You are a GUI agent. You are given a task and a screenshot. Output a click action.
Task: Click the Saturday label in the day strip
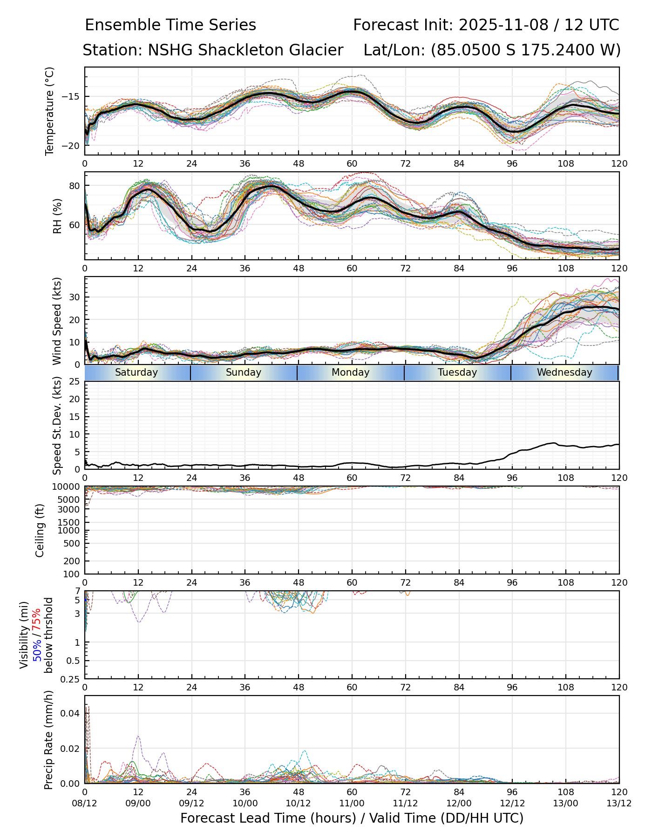136,372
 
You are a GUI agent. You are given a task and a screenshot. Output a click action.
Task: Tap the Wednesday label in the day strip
564,372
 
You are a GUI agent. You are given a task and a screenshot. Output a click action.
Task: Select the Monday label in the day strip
351,372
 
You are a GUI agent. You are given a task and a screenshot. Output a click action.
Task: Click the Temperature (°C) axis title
50,111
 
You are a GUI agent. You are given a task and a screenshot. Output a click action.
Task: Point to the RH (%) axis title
57,216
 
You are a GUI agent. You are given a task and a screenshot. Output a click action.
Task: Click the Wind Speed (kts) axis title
57,321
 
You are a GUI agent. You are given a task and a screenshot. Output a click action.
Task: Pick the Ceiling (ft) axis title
40,530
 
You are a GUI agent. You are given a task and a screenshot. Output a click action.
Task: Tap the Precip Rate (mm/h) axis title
49,740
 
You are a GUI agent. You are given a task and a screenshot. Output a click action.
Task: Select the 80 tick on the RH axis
74,186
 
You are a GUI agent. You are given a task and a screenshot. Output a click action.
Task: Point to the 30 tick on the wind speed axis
74,297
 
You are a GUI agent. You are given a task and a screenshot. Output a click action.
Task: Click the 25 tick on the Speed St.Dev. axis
74,382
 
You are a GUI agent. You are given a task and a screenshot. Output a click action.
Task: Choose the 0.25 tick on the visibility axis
71,678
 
